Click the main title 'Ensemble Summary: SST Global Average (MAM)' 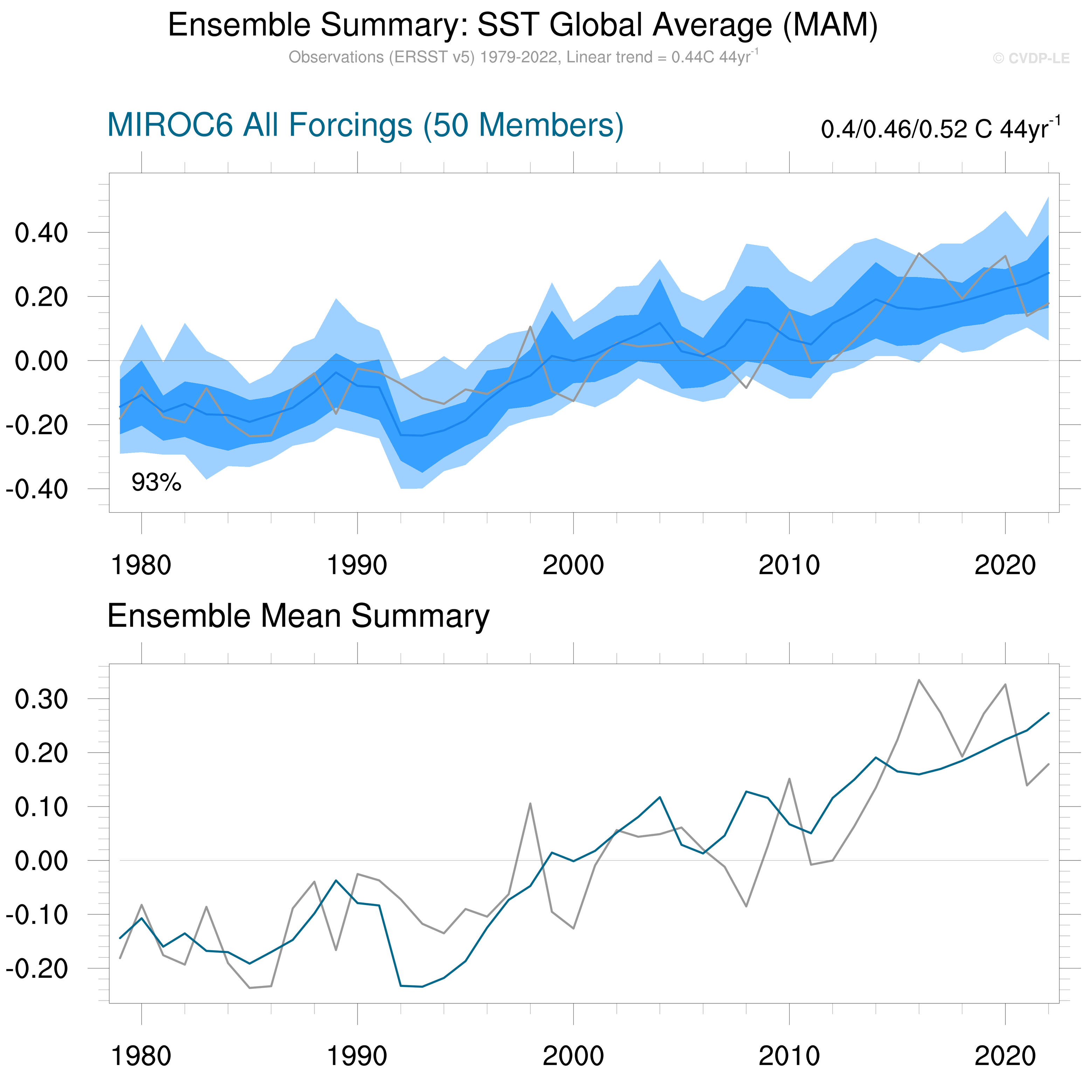tap(523, 25)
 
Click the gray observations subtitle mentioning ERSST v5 tap(523, 57)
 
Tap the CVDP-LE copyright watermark tap(1031, 59)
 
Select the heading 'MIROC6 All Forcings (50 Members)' tap(365, 125)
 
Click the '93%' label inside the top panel tap(157, 482)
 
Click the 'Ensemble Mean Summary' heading tap(298, 616)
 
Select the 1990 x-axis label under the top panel tap(357, 565)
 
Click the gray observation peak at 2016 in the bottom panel tap(919, 680)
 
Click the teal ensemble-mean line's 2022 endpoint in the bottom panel tap(1048, 713)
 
